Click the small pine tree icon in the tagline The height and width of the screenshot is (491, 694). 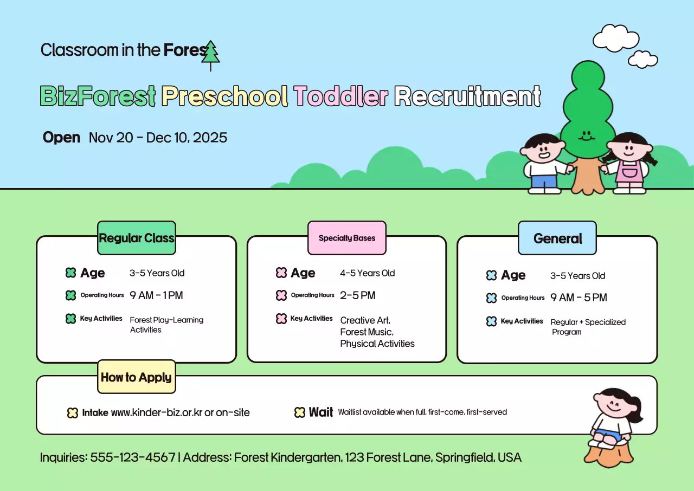(x=210, y=55)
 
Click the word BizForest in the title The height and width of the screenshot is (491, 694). (x=98, y=96)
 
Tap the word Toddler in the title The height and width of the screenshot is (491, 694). (x=341, y=96)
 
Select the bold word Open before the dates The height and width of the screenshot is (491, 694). (x=61, y=138)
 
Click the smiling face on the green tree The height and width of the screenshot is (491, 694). (x=586, y=135)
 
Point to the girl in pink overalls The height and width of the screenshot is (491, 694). (x=628, y=163)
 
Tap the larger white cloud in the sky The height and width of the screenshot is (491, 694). (x=615, y=39)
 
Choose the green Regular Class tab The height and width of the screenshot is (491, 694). (x=137, y=238)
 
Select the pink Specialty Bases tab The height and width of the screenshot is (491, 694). (x=347, y=238)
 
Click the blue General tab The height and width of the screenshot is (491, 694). (x=557, y=238)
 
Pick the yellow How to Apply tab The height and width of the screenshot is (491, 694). (x=136, y=377)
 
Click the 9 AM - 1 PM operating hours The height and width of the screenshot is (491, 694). (x=156, y=295)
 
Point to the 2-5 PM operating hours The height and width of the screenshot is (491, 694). (x=358, y=295)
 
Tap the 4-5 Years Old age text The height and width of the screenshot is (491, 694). (x=368, y=273)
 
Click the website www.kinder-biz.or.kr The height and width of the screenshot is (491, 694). (x=156, y=412)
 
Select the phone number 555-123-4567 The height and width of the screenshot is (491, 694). (x=132, y=457)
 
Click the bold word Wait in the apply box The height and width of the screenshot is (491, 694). (x=321, y=412)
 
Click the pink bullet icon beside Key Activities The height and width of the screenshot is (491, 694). (x=281, y=319)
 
